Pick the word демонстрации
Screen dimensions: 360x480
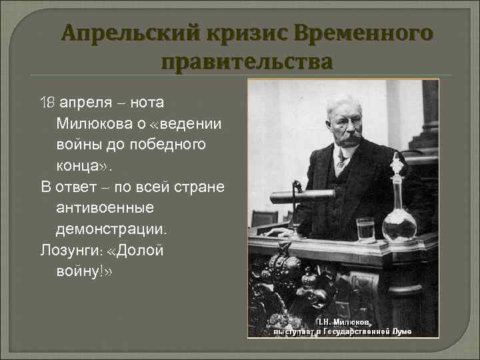point(113,229)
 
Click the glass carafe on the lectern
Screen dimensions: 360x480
point(399,200)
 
